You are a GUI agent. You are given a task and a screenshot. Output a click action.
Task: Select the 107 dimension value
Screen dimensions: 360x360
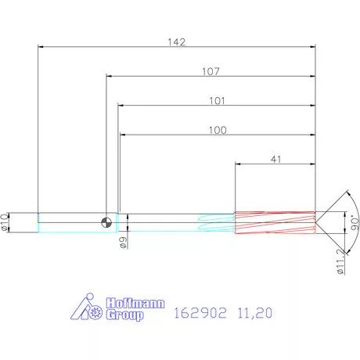pos(211,71)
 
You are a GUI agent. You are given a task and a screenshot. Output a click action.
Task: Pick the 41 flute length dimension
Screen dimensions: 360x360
pos(275,159)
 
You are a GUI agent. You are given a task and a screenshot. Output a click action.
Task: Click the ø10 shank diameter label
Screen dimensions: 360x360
pos(5,222)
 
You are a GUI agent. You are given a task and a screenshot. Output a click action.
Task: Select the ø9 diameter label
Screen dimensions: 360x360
pos(124,243)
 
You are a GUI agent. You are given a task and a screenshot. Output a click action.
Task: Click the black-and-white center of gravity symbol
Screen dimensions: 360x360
pos(106,223)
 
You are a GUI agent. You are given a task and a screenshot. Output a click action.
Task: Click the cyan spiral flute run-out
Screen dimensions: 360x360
pos(217,223)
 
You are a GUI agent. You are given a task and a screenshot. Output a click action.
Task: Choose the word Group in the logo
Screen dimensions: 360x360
pos(124,316)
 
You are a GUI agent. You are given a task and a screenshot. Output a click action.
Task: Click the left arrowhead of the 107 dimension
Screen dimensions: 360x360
pos(110,77)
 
